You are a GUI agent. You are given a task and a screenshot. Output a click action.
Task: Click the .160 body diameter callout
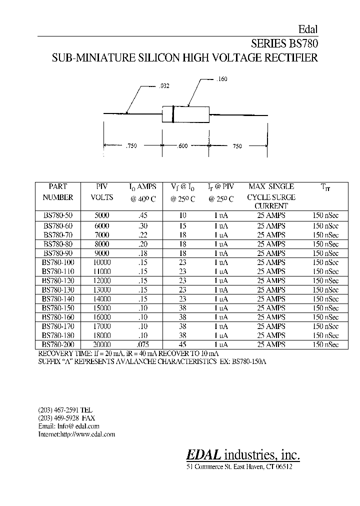pyautogui.click(x=222, y=79)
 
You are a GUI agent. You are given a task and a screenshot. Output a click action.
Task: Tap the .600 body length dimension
pyautogui.click(x=182, y=146)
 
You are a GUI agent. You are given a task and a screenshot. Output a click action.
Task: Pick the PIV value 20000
pyautogui.click(x=101, y=344)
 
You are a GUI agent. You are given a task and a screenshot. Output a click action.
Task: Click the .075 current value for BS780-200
pyautogui.click(x=142, y=344)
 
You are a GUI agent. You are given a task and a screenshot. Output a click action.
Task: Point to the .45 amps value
pyautogui.click(x=142, y=216)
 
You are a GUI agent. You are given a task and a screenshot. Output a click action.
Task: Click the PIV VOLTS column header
pyautogui.click(x=101, y=192)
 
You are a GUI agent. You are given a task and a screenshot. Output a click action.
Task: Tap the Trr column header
pyautogui.click(x=325, y=187)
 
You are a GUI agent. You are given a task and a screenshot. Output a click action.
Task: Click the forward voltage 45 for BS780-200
pyautogui.click(x=182, y=344)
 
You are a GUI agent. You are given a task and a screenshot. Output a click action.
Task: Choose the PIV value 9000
pyautogui.click(x=101, y=253)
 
